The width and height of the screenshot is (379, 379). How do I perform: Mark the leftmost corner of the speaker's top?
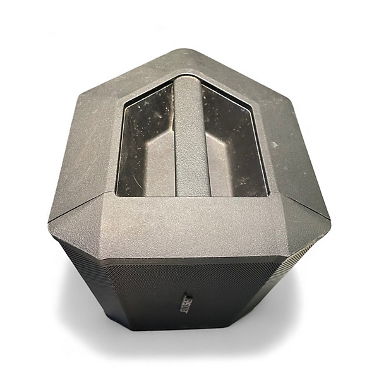[49, 221]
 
